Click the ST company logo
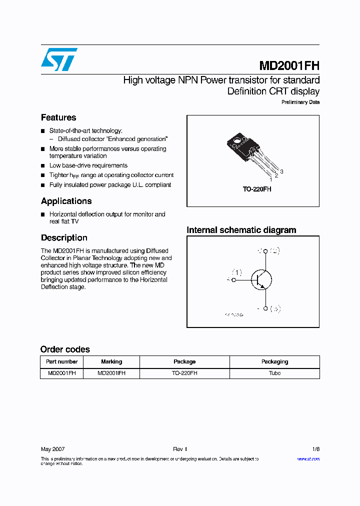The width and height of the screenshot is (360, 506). [x=59, y=59]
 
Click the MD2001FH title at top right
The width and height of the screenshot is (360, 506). [x=289, y=66]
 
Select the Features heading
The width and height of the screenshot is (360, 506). [x=58, y=117]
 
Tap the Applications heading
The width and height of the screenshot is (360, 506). [x=66, y=201]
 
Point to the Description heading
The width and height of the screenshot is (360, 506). [x=64, y=238]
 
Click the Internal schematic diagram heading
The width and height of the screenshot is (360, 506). [x=241, y=230]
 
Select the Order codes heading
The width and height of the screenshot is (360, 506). [x=65, y=349]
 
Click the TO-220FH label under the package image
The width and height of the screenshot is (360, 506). [x=256, y=189]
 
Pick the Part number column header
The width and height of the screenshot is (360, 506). [x=61, y=361]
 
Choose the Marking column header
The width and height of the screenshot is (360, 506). [x=111, y=361]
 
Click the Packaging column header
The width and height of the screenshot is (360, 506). [x=274, y=361]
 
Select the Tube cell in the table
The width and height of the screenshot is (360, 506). [x=274, y=373]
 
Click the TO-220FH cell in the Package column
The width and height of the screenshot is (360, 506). [x=184, y=373]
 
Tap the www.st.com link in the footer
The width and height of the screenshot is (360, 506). [x=308, y=458]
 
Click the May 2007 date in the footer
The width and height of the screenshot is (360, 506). [x=52, y=449]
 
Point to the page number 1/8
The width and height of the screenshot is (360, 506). [x=315, y=449]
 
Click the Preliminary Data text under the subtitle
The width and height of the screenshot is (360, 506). [x=300, y=102]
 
